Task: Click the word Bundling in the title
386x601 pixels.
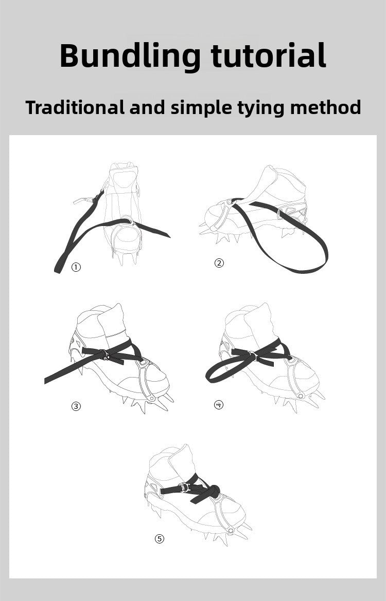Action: [x=130, y=57]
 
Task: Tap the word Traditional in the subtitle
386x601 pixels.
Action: [x=75, y=107]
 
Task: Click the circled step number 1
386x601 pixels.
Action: [x=76, y=267]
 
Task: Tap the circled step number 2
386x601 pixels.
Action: [x=219, y=263]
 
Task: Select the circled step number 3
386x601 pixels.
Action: [x=76, y=406]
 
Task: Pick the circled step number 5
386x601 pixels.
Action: [x=160, y=538]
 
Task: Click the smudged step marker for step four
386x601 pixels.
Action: [x=219, y=404]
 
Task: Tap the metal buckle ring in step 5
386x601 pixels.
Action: [x=184, y=487]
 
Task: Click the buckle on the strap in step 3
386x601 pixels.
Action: [x=104, y=354]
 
